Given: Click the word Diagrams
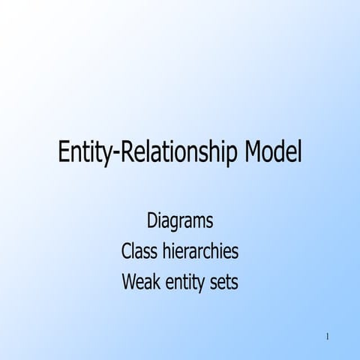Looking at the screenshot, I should coord(180,221).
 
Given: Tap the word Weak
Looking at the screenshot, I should coord(139,283).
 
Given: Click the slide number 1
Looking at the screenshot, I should coord(328,335).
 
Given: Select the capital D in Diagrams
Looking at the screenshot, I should coord(151,221).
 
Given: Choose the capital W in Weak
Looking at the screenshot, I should coord(127,283).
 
